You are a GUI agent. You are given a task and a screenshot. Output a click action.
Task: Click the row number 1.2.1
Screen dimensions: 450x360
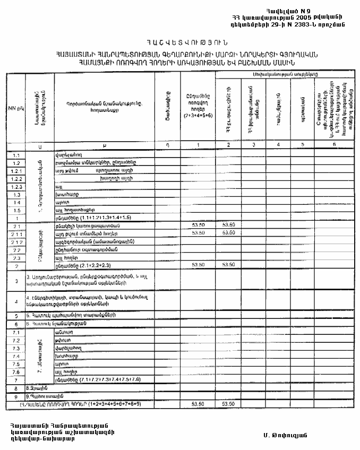tap(16, 171)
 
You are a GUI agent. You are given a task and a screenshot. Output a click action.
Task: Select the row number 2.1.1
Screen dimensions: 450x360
tap(16, 233)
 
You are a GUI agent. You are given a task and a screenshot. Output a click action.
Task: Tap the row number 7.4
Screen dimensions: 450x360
tap(16, 356)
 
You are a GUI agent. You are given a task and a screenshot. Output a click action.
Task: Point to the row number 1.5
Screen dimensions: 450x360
tap(16, 210)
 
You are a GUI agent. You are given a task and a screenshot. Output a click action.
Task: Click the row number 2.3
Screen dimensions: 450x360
tap(16, 257)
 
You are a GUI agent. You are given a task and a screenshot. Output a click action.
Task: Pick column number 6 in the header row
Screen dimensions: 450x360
tap(335, 145)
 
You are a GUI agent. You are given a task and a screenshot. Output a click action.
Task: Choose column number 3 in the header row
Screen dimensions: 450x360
tap(254, 145)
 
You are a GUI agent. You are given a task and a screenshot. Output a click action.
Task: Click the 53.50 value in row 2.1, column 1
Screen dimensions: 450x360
tap(198, 226)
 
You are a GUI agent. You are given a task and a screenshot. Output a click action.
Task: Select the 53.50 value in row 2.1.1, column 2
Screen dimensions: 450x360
tap(228, 233)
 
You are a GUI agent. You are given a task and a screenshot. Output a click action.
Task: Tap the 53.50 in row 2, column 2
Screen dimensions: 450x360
tap(228, 265)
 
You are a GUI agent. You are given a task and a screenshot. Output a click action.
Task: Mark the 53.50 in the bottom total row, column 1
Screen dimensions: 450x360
tap(198, 404)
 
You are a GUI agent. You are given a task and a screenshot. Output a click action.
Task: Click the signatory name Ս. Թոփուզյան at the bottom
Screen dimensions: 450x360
tap(285, 435)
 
